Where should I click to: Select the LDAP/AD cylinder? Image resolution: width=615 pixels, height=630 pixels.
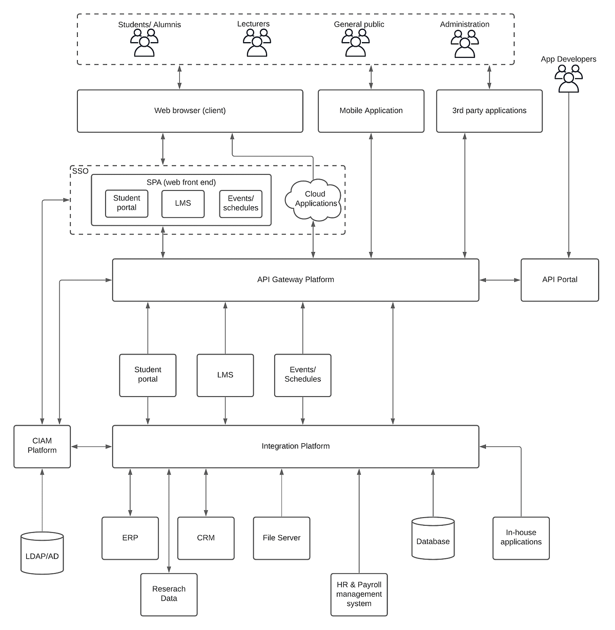pyautogui.click(x=42, y=554)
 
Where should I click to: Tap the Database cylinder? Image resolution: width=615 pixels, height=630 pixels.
pyautogui.click(x=433, y=539)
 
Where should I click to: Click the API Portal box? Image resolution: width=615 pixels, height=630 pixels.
pyautogui.click(x=559, y=280)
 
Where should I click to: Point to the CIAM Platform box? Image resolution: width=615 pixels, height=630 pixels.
pyautogui.click(x=42, y=446)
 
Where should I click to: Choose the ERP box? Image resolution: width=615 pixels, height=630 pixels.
pyautogui.click(x=130, y=538)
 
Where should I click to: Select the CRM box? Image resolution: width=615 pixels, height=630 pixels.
pyautogui.click(x=206, y=538)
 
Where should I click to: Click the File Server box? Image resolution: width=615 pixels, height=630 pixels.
pyautogui.click(x=281, y=538)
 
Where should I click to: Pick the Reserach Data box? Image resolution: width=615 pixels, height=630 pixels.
pyautogui.click(x=169, y=594)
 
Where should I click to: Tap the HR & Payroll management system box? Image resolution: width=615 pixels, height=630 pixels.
pyautogui.click(x=359, y=594)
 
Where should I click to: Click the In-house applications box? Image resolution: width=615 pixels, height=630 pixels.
pyautogui.click(x=521, y=538)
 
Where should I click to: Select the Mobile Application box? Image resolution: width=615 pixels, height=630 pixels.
pyautogui.click(x=371, y=111)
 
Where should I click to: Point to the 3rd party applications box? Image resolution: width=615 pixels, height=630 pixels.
pyautogui.click(x=489, y=111)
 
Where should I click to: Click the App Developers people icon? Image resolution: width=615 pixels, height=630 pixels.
pyautogui.click(x=568, y=79)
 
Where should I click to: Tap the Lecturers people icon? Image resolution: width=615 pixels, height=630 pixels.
pyautogui.click(x=256, y=43)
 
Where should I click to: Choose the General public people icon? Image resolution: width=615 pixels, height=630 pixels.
pyautogui.click(x=355, y=43)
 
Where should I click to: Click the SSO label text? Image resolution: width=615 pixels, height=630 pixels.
pyautogui.click(x=80, y=171)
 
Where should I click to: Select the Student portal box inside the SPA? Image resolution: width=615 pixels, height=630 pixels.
pyautogui.click(x=127, y=203)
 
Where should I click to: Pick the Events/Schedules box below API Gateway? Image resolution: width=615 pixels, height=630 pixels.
pyautogui.click(x=302, y=375)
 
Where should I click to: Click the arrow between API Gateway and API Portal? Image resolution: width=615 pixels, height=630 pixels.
pyautogui.click(x=500, y=280)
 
